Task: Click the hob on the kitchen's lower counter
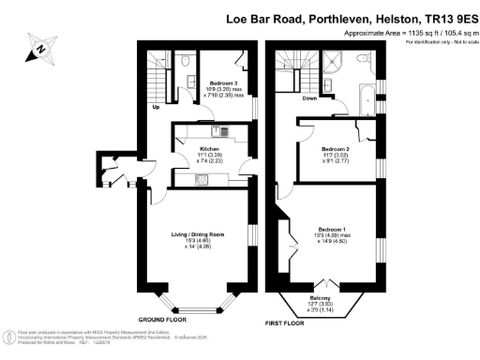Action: [201, 180]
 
